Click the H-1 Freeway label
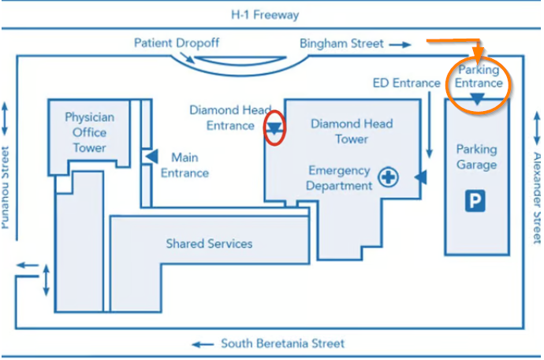pyautogui.click(x=265, y=15)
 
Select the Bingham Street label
pyautogui.click(x=341, y=43)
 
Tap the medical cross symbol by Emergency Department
pyautogui.click(x=388, y=178)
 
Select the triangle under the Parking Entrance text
pyautogui.click(x=478, y=99)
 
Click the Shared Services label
pyautogui.click(x=209, y=243)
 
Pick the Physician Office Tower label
pyautogui.click(x=89, y=132)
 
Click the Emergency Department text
pyautogui.click(x=340, y=178)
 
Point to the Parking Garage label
pyautogui.click(x=477, y=157)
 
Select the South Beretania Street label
pyautogui.click(x=282, y=343)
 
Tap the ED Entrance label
pyautogui.click(x=406, y=83)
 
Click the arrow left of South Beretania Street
pyautogui.click(x=203, y=344)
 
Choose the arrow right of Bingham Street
pyautogui.click(x=401, y=44)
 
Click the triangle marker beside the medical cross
pyautogui.click(x=421, y=178)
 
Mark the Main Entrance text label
pyautogui.click(x=190, y=165)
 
